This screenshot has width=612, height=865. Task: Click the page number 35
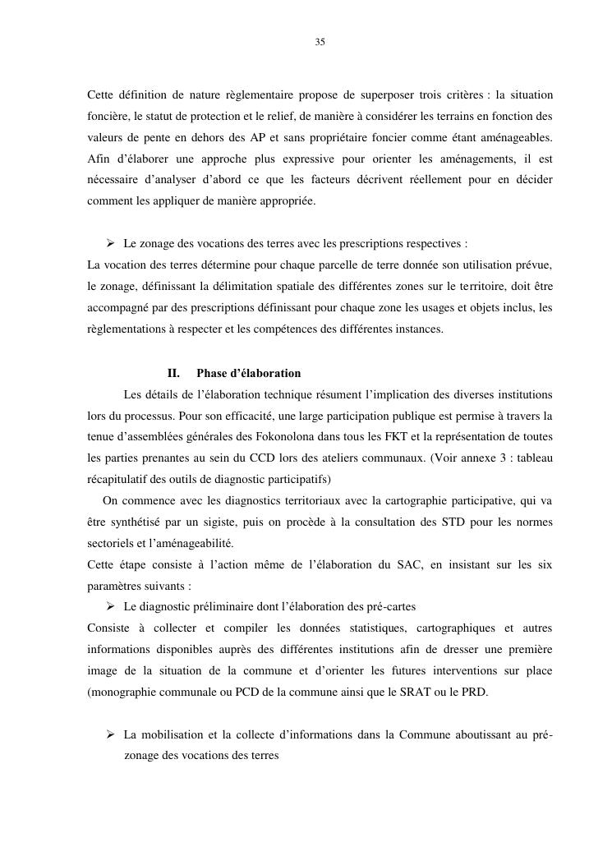point(320,42)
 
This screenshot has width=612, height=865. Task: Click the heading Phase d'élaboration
point(248,373)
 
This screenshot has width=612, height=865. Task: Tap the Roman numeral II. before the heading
point(173,373)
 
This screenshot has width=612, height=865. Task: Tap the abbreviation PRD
point(472,692)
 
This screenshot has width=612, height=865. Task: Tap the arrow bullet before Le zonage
point(109,244)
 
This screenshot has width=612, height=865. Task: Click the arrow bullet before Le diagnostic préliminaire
point(109,606)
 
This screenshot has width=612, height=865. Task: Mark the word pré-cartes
point(390,606)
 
